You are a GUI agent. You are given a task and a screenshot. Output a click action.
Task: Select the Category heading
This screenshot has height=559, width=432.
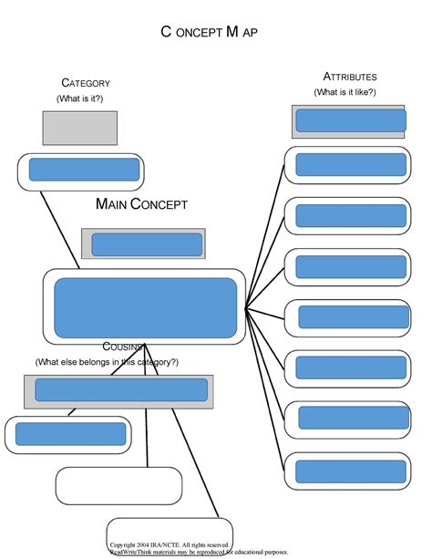(x=86, y=83)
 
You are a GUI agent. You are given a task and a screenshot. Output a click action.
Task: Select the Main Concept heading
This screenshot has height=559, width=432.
(x=141, y=204)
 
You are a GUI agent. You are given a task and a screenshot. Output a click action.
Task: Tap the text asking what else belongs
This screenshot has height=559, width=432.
(x=107, y=362)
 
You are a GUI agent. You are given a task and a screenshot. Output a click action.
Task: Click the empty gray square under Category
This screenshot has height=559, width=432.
(x=79, y=128)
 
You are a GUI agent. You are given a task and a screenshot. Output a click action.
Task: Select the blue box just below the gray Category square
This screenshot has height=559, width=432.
(x=84, y=170)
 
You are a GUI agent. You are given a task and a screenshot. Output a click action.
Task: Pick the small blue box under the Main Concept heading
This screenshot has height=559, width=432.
(x=147, y=244)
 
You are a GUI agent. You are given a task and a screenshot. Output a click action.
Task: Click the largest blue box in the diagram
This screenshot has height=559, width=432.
(x=146, y=307)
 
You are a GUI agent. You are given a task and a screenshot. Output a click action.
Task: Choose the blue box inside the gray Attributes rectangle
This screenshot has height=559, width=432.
(x=350, y=120)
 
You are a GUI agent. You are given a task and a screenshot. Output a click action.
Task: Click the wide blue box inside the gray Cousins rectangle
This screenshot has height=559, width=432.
(x=120, y=389)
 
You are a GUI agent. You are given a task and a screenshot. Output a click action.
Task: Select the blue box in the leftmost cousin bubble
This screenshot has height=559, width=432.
(x=70, y=433)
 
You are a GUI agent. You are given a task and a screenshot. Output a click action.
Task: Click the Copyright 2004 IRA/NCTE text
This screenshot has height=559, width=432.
(x=170, y=544)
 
